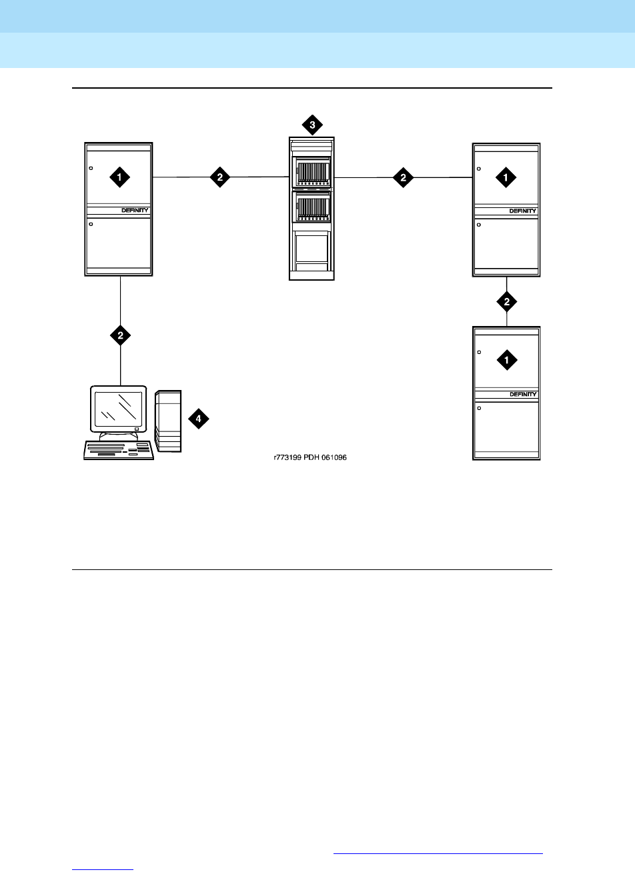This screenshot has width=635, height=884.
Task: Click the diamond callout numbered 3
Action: [312, 124]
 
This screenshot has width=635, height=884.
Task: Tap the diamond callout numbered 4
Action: [198, 419]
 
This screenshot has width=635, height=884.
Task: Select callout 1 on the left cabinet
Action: [120, 177]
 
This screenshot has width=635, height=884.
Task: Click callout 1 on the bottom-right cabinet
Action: [507, 360]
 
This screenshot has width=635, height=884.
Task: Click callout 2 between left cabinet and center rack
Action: [220, 177]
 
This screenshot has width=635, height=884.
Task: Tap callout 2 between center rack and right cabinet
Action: [403, 177]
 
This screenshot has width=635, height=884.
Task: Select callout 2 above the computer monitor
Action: [120, 335]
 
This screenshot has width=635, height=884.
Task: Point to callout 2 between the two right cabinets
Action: [507, 302]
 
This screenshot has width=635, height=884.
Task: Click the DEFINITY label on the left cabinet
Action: [135, 210]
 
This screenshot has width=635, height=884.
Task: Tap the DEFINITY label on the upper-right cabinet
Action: [523, 211]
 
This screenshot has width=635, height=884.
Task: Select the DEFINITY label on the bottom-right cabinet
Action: [523, 394]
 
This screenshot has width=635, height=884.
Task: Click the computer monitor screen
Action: [118, 409]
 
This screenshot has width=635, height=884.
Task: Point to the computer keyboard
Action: [118, 450]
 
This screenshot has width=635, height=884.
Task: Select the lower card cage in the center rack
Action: [312, 209]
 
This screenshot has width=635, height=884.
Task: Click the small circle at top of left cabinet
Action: [91, 168]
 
